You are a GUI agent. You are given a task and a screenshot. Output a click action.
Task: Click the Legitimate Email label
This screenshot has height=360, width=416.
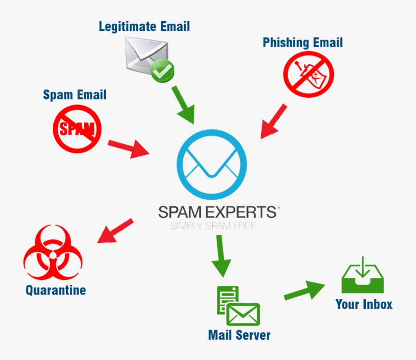[x=145, y=26]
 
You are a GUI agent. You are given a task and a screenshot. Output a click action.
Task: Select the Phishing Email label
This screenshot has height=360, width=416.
[x=302, y=43]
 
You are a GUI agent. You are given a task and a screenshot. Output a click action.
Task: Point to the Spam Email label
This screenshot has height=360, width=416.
[x=75, y=94]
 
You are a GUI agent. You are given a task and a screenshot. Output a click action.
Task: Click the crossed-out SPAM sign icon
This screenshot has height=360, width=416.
[x=77, y=129]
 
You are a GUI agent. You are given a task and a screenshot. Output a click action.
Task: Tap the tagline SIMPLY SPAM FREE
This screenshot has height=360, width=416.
[x=213, y=226]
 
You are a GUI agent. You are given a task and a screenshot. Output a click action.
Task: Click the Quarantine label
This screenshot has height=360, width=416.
[x=56, y=290]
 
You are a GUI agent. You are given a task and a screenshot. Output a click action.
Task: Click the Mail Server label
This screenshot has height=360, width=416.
[x=239, y=335]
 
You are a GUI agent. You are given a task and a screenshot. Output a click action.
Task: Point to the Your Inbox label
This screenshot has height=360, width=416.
[x=364, y=304]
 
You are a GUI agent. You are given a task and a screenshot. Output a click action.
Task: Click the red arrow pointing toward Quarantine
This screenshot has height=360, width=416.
[x=115, y=231]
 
